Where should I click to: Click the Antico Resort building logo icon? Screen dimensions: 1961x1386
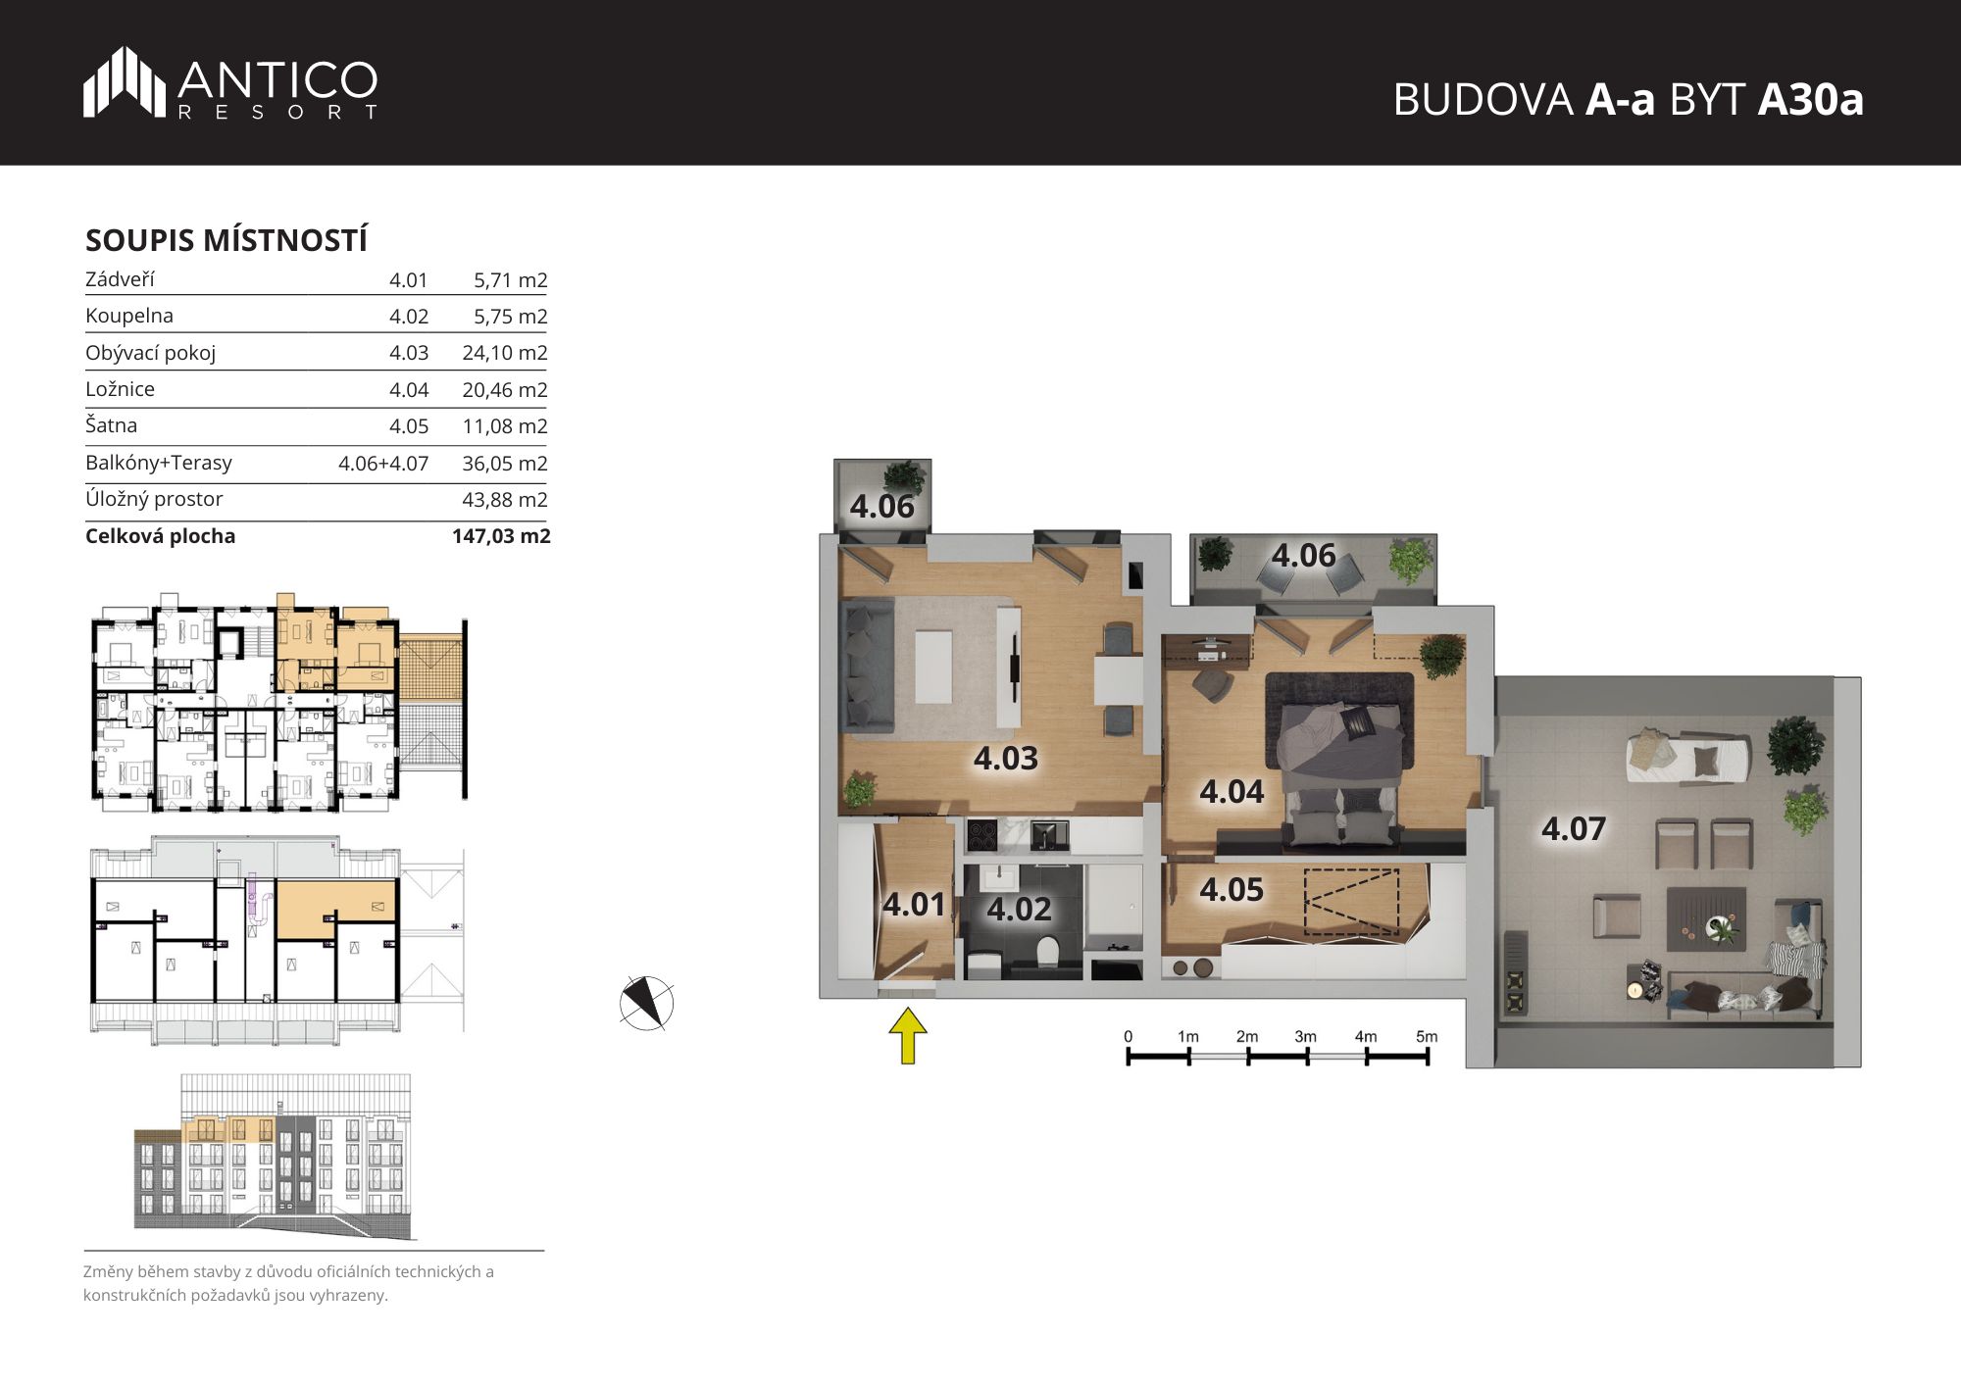point(125,82)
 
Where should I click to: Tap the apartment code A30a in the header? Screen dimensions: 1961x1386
point(1810,100)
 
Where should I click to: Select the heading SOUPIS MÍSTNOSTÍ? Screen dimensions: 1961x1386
point(226,240)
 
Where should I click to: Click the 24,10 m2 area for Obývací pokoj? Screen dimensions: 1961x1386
point(505,353)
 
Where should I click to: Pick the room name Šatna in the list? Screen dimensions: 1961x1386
point(111,425)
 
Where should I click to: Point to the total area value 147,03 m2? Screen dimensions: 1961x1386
point(501,536)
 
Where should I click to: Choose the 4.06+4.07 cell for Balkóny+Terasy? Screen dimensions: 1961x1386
point(383,464)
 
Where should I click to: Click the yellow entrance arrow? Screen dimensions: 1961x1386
point(908,1035)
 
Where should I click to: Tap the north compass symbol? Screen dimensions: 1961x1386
point(647,1004)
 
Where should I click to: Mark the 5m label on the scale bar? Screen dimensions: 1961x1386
point(1427,1036)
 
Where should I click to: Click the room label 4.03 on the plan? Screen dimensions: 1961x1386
point(1006,759)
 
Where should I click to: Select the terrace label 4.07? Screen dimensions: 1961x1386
point(1574,829)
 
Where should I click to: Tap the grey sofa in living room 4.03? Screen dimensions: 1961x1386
point(869,667)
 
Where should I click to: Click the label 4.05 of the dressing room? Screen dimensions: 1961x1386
point(1232,890)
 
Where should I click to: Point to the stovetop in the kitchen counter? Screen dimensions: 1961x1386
point(982,836)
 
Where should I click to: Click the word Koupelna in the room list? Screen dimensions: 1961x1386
point(129,316)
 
